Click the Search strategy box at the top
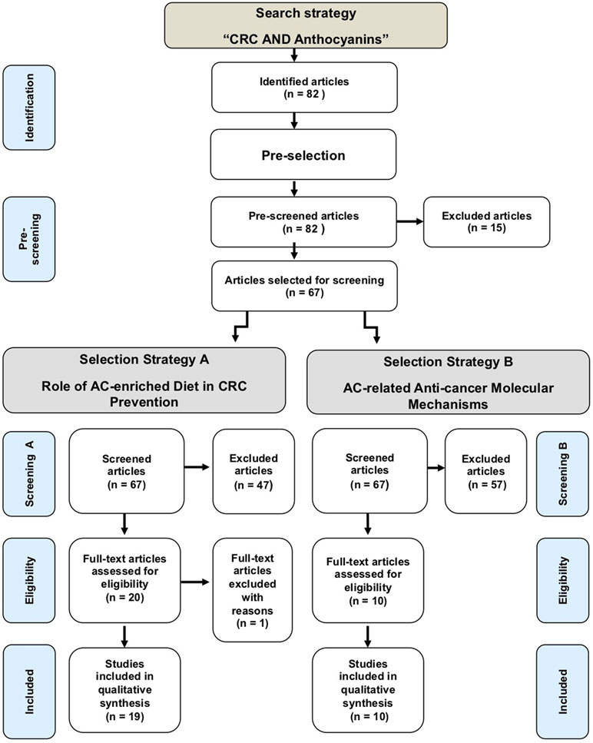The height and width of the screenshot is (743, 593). pos(306,25)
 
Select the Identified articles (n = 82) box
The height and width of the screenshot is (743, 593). pos(304,87)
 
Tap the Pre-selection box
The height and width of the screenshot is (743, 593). pos(303,154)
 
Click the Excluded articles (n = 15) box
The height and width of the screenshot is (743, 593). pos(486,222)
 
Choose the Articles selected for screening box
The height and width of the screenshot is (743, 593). pos(304,286)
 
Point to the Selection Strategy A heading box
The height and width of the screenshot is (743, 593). pos(144,380)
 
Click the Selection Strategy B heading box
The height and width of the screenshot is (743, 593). pos(448,382)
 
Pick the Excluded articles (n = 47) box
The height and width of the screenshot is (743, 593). pos(253,471)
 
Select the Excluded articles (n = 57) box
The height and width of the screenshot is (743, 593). pos(485,471)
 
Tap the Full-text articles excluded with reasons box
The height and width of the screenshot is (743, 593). pos(253,590)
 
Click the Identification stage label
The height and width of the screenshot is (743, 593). pos(29,108)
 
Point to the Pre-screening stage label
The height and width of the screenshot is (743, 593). pos(29,239)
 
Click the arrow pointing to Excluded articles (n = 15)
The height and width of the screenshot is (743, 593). pos(409,221)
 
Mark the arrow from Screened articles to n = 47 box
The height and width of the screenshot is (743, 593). pos(197,467)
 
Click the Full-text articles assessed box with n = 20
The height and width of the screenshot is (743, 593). pos(124,580)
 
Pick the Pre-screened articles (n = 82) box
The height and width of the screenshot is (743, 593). pos(303,222)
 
